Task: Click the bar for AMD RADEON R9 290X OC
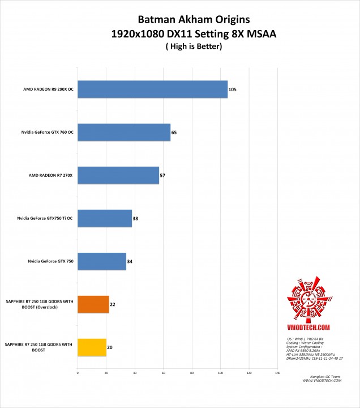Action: pos(152,90)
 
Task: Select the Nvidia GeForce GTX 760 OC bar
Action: pos(124,132)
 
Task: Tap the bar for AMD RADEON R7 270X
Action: pos(118,175)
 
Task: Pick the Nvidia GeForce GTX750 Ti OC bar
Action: pos(105,218)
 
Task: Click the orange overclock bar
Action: pos(93,304)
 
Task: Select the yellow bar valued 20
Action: pos(92,347)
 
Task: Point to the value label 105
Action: pos(232,90)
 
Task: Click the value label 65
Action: pos(174,132)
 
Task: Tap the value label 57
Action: pos(162,175)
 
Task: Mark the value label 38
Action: pos(135,218)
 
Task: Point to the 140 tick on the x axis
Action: pos(277,373)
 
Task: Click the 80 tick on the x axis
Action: pos(192,373)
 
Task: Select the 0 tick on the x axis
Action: pos(78,373)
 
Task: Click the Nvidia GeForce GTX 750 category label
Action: pos(48,261)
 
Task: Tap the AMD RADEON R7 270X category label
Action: pos(50,175)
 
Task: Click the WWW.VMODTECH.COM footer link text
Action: pos(322,380)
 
